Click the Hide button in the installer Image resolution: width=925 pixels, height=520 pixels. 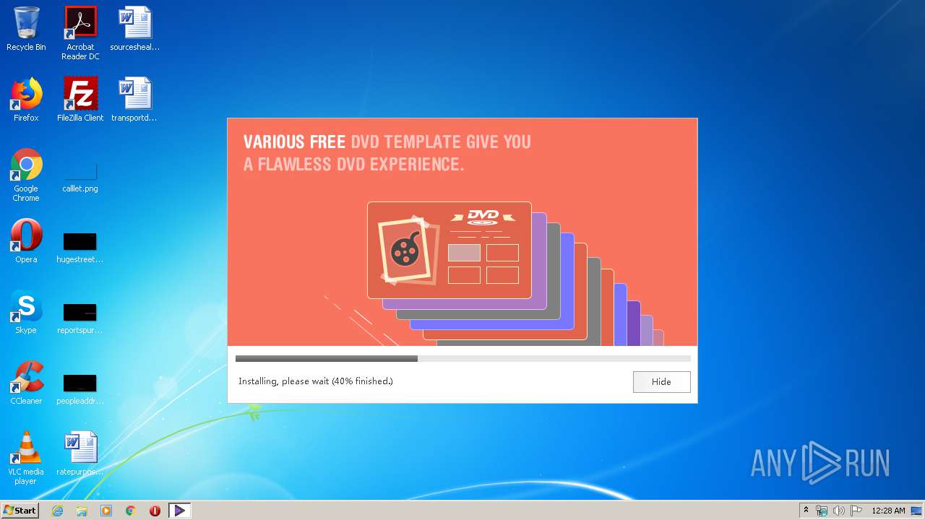pyautogui.click(x=661, y=382)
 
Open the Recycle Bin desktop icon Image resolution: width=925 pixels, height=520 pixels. pyautogui.click(x=26, y=24)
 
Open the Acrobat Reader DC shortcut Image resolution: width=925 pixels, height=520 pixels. pyautogui.click(x=80, y=24)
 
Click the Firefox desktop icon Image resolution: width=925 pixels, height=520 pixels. pyautogui.click(x=26, y=95)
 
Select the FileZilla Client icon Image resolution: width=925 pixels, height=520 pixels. pyautogui.click(x=80, y=95)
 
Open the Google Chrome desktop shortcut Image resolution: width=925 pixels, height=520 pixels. pyautogui.click(x=26, y=165)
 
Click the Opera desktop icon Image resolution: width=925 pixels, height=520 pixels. pyautogui.click(x=26, y=236)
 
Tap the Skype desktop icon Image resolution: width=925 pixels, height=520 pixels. pyautogui.click(x=26, y=307)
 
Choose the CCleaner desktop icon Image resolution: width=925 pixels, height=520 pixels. pyautogui.click(x=26, y=378)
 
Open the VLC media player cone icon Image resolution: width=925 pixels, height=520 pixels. pyautogui.click(x=26, y=448)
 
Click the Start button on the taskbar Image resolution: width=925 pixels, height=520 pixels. pyautogui.click(x=20, y=511)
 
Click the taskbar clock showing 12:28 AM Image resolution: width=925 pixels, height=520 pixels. pyautogui.click(x=888, y=511)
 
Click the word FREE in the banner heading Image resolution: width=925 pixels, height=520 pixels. pyautogui.click(x=327, y=142)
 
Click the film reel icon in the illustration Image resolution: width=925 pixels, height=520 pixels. pyautogui.click(x=404, y=250)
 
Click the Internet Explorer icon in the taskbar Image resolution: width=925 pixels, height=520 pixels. pyautogui.click(x=57, y=511)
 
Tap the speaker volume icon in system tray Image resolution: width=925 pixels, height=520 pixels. pyautogui.click(x=838, y=511)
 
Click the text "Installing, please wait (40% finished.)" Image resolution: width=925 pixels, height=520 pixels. pyautogui.click(x=316, y=381)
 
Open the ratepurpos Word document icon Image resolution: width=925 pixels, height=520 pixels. pyautogui.click(x=80, y=448)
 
